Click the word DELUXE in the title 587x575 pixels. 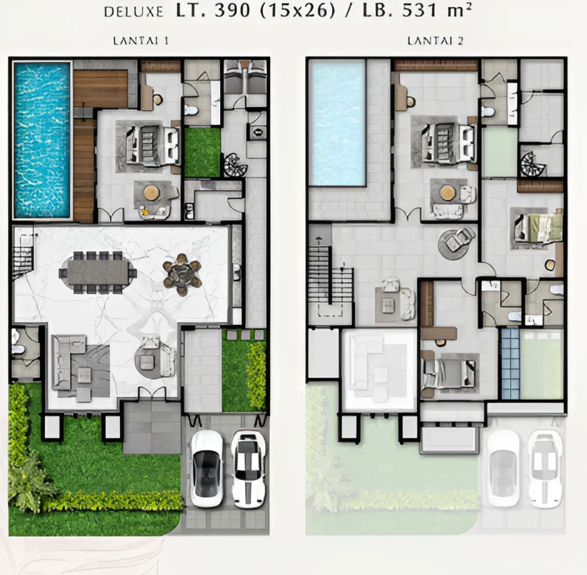133,12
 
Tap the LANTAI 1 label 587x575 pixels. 141,41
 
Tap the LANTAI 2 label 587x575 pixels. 435,41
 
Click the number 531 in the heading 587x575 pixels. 421,11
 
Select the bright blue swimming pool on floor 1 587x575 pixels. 42,139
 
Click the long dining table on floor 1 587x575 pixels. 98,272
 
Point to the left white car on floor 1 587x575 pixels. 206,468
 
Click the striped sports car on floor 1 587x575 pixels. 248,468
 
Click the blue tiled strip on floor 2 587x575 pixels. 510,363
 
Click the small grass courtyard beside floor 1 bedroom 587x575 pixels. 202,152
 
